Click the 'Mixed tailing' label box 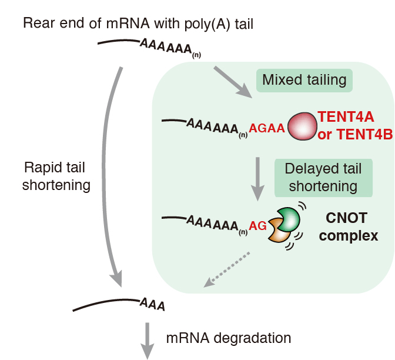304,80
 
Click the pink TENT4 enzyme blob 299,126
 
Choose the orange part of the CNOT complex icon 276,233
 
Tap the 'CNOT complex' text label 346,227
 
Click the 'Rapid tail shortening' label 57,176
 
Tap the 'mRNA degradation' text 228,338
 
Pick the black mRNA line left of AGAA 174,122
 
